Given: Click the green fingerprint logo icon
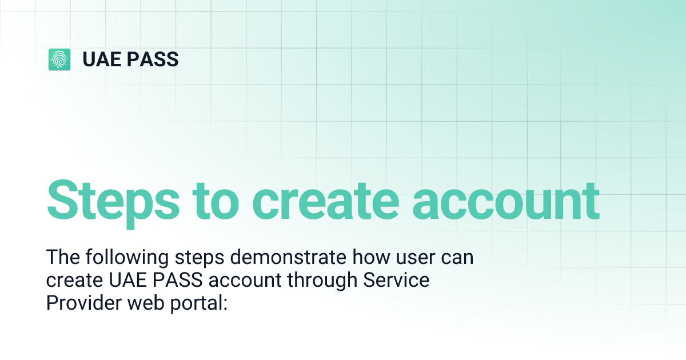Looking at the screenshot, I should (59, 59).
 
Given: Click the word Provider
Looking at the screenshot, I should (81, 303).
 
